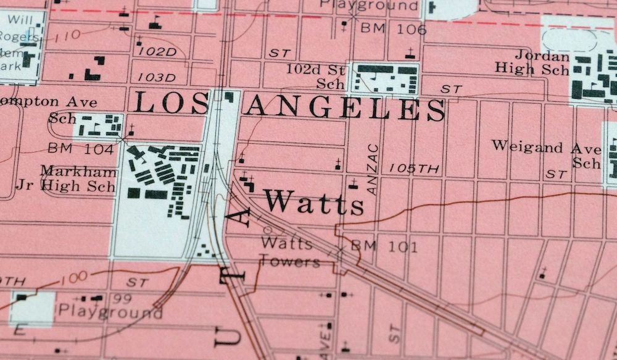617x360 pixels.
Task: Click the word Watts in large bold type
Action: tap(314, 203)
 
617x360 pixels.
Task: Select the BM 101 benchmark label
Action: tap(384, 247)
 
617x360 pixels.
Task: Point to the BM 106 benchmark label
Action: tap(393, 29)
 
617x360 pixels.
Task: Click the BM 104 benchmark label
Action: tap(80, 149)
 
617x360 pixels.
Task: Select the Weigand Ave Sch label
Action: tap(546, 154)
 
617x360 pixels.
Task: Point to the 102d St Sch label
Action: tap(315, 76)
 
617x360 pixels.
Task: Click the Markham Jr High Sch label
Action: tap(78, 178)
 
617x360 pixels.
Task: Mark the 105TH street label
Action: tap(414, 168)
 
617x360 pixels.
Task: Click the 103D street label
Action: tap(157, 77)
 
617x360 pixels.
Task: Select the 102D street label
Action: tap(157, 52)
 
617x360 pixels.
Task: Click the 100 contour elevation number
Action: tap(73, 277)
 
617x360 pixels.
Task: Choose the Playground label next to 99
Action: tap(110, 311)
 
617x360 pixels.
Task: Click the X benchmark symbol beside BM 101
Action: tap(340, 250)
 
